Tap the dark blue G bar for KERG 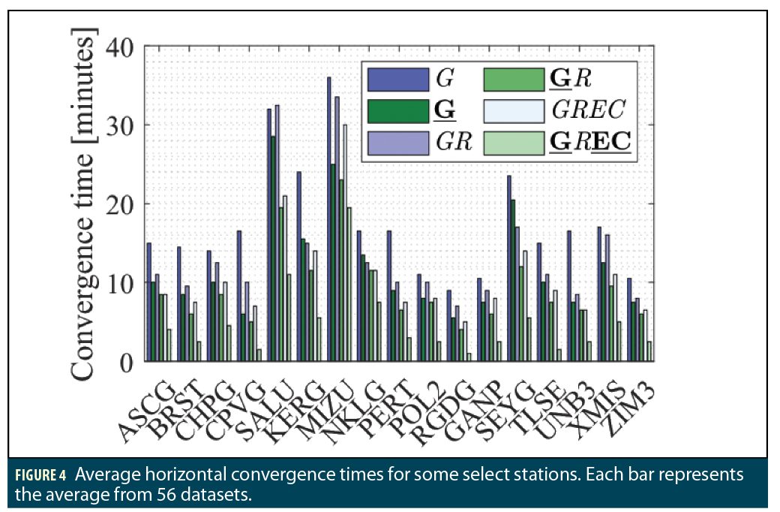299,267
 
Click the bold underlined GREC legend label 590,143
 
